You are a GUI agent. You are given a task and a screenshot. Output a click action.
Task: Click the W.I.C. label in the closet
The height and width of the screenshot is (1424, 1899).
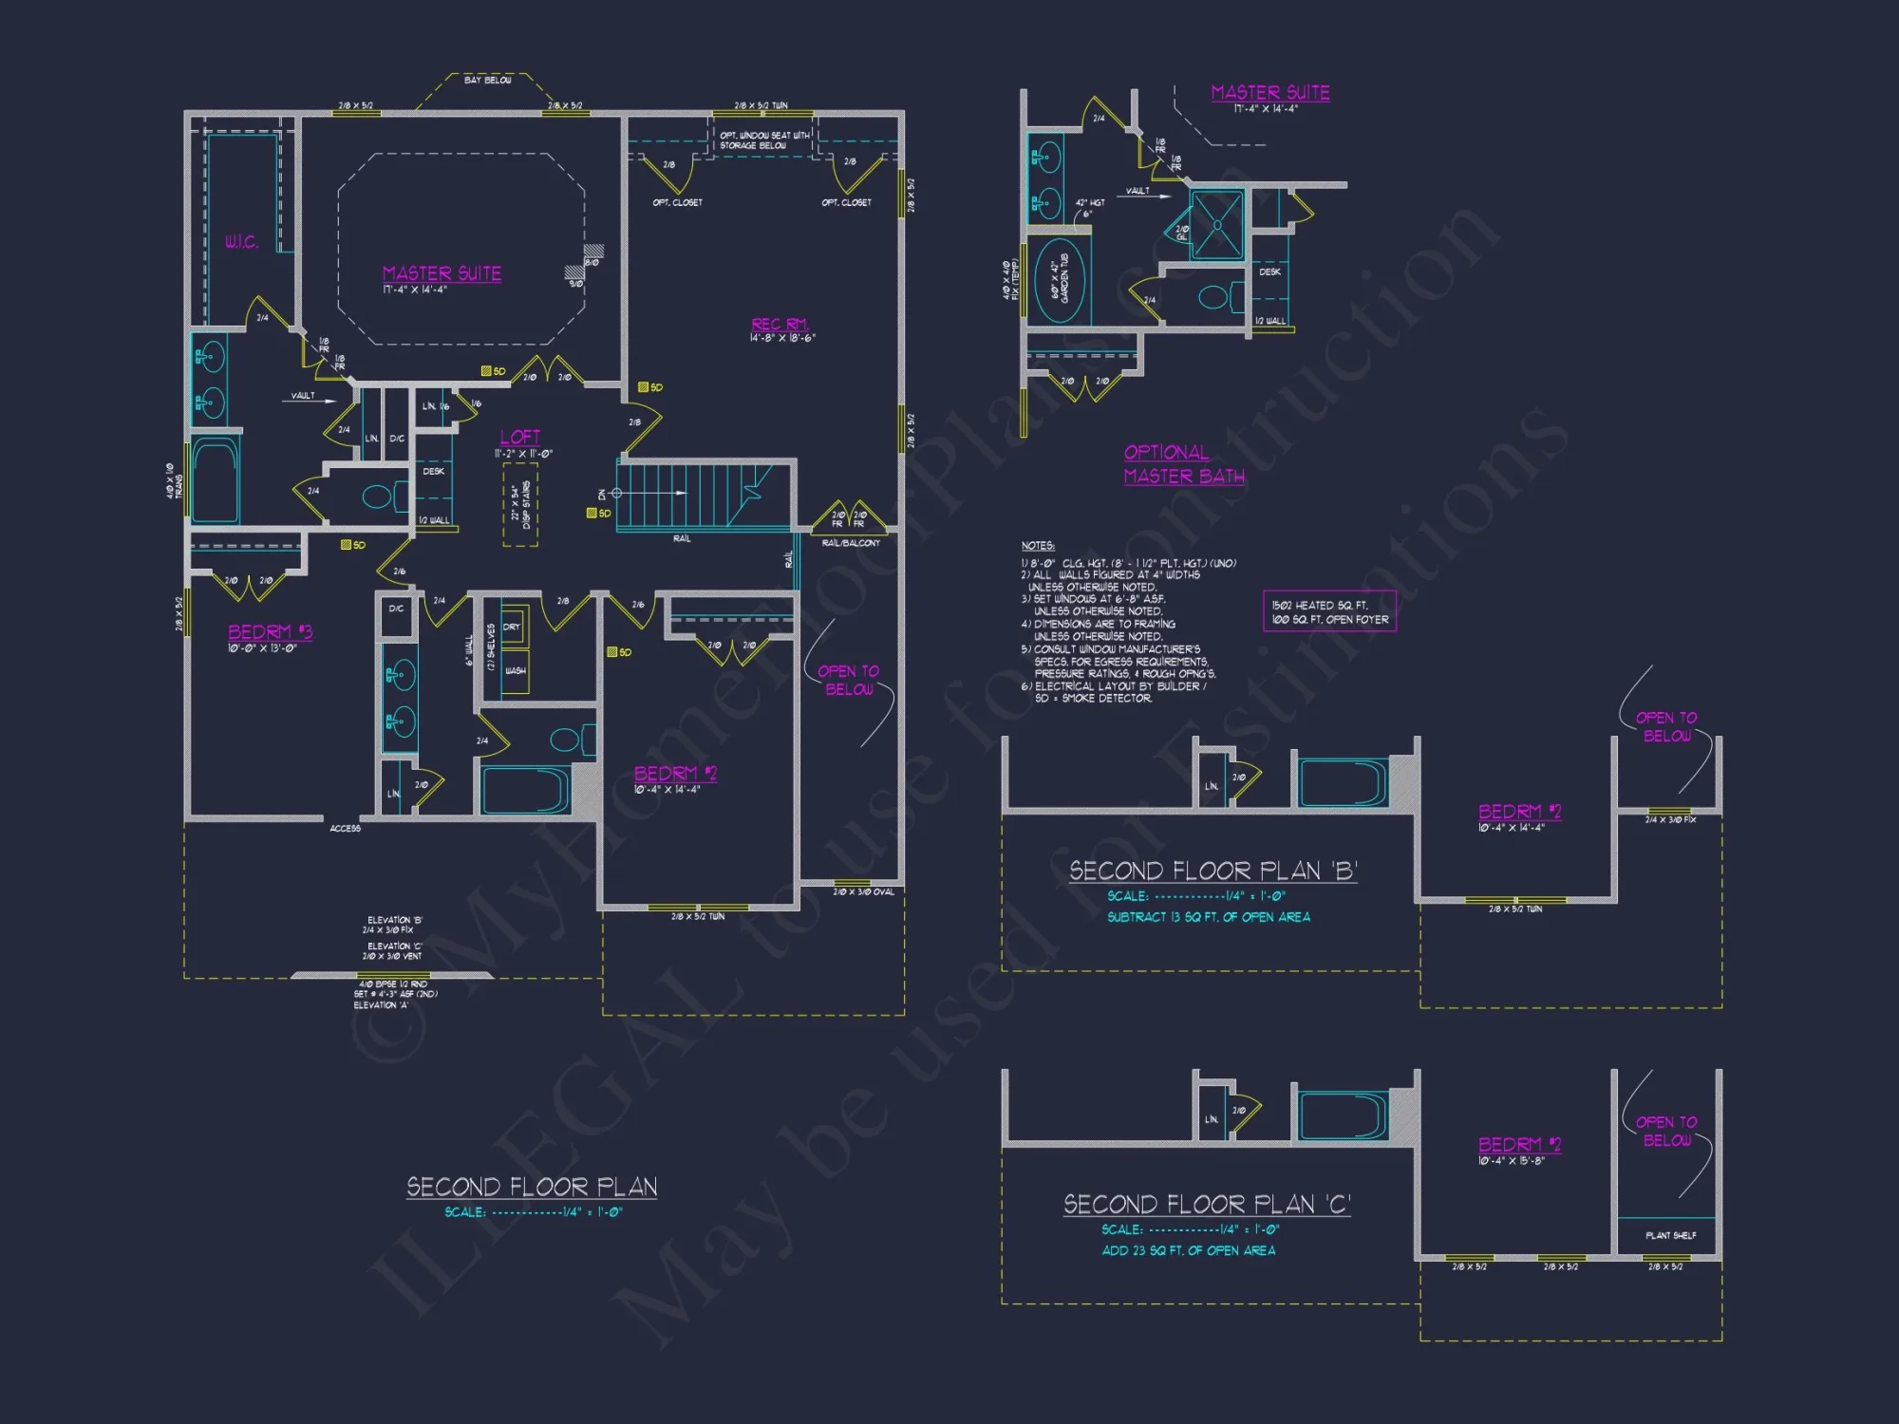pyautogui.click(x=241, y=242)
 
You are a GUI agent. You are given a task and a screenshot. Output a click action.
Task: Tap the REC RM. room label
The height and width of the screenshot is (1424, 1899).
pyautogui.click(x=780, y=325)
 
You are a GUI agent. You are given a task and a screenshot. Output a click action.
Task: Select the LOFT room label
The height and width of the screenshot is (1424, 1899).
pyautogui.click(x=520, y=437)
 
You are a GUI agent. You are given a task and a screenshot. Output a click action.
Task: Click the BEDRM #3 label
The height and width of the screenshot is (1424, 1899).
pyautogui.click(x=270, y=632)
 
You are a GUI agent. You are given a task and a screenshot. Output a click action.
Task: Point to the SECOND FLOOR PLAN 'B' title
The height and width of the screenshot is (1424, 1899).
pyautogui.click(x=1213, y=871)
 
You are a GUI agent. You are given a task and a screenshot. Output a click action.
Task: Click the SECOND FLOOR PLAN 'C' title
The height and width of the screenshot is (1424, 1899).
pyautogui.click(x=1206, y=1205)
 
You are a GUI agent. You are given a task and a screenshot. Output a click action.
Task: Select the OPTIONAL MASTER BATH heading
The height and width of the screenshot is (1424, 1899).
pyautogui.click(x=1183, y=464)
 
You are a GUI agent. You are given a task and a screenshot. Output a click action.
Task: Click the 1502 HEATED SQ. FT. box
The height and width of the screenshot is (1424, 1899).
pyautogui.click(x=1329, y=611)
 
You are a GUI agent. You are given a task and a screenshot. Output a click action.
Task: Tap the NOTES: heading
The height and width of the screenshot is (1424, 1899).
pyautogui.click(x=1038, y=546)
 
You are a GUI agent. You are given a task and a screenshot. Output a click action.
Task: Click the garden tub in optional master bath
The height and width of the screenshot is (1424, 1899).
pyautogui.click(x=1060, y=282)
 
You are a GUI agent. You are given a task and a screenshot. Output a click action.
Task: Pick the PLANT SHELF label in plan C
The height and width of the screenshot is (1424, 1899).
pyautogui.click(x=1670, y=1235)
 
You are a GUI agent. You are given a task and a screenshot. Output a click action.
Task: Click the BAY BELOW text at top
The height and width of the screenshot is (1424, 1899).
pyautogui.click(x=487, y=81)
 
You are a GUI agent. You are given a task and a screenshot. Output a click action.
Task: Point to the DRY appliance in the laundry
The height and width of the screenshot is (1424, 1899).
pyautogui.click(x=513, y=628)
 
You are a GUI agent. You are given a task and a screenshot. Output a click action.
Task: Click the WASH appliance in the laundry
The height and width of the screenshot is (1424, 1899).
pyautogui.click(x=515, y=670)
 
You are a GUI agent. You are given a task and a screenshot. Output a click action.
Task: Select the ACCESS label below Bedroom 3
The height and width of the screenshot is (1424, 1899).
pyautogui.click(x=345, y=829)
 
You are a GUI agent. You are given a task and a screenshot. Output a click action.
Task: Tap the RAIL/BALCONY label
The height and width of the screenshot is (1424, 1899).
pyautogui.click(x=851, y=543)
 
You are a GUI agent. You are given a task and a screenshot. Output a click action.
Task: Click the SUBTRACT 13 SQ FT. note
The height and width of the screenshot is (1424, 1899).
pyautogui.click(x=1208, y=917)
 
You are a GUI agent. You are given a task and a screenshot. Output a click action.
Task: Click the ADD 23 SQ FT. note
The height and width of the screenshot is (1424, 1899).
pyautogui.click(x=1188, y=1250)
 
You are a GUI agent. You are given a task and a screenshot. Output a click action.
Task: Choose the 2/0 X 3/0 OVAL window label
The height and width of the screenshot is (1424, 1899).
pyautogui.click(x=863, y=892)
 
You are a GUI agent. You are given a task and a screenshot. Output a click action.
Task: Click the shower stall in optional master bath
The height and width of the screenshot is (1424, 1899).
pyautogui.click(x=1216, y=224)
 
